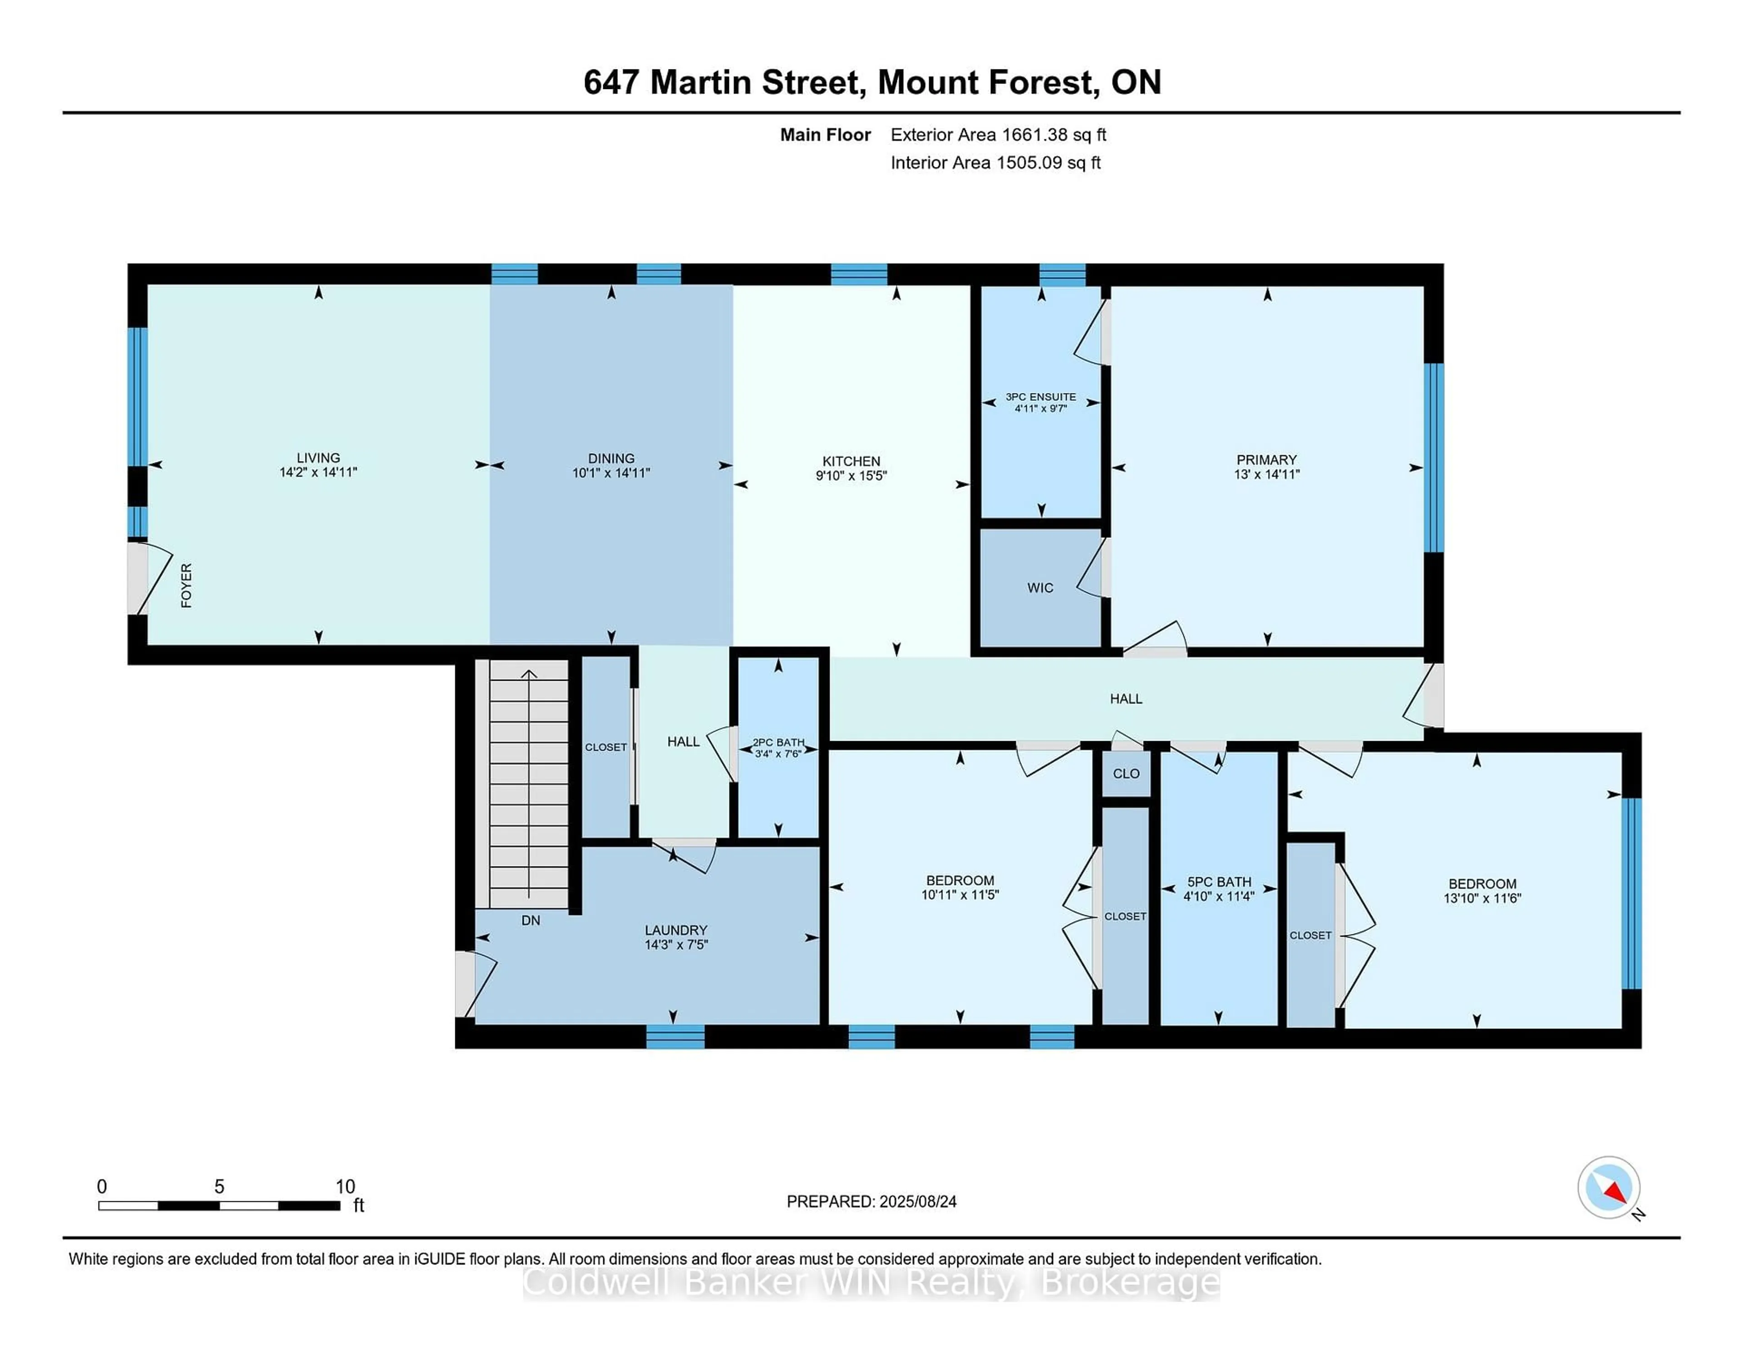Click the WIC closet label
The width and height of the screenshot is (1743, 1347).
point(1040,587)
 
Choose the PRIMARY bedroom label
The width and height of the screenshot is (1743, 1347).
point(1266,460)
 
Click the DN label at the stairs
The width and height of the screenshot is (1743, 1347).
point(531,920)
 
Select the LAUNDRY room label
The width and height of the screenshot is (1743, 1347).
point(676,929)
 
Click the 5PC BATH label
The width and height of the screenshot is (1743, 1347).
point(1219,882)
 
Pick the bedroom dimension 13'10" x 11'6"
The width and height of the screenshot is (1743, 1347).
point(1482,898)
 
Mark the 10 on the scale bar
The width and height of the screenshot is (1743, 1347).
point(345,1187)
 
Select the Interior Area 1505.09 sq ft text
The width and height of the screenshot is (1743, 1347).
point(995,163)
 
